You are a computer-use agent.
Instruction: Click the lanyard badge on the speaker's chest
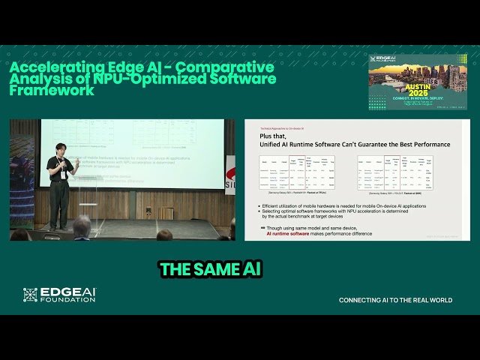click(64, 174)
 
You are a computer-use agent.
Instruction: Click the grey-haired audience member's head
click(81, 226)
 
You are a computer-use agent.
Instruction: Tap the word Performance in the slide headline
click(424, 143)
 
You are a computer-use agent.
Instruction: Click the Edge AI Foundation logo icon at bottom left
click(30, 295)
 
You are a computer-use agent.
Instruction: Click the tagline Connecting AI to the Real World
click(395, 300)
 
